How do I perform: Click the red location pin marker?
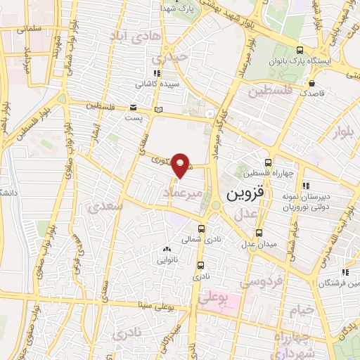click(181, 164)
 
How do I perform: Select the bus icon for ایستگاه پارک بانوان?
click(300, 50)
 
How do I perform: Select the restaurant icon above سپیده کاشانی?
click(157, 73)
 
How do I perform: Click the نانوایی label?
click(167, 259)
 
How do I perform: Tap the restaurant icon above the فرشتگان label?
click(345, 272)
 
